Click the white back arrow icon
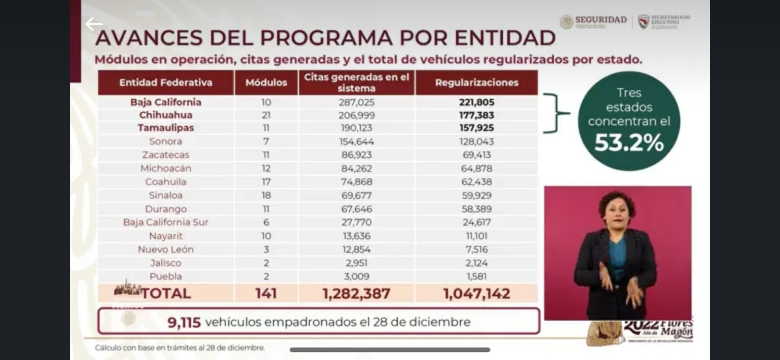(x=94, y=25)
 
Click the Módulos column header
(x=266, y=83)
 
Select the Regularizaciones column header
(x=476, y=83)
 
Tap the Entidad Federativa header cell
(x=166, y=83)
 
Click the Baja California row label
(x=166, y=102)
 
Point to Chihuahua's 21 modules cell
(x=266, y=115)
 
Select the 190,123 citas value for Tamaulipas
(x=356, y=128)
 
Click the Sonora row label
(x=165, y=141)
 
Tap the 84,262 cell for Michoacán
(x=356, y=168)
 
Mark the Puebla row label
(x=165, y=276)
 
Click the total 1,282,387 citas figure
(x=356, y=293)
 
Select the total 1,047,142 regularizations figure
(x=476, y=293)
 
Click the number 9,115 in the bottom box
(x=185, y=322)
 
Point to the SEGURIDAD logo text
(x=601, y=20)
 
